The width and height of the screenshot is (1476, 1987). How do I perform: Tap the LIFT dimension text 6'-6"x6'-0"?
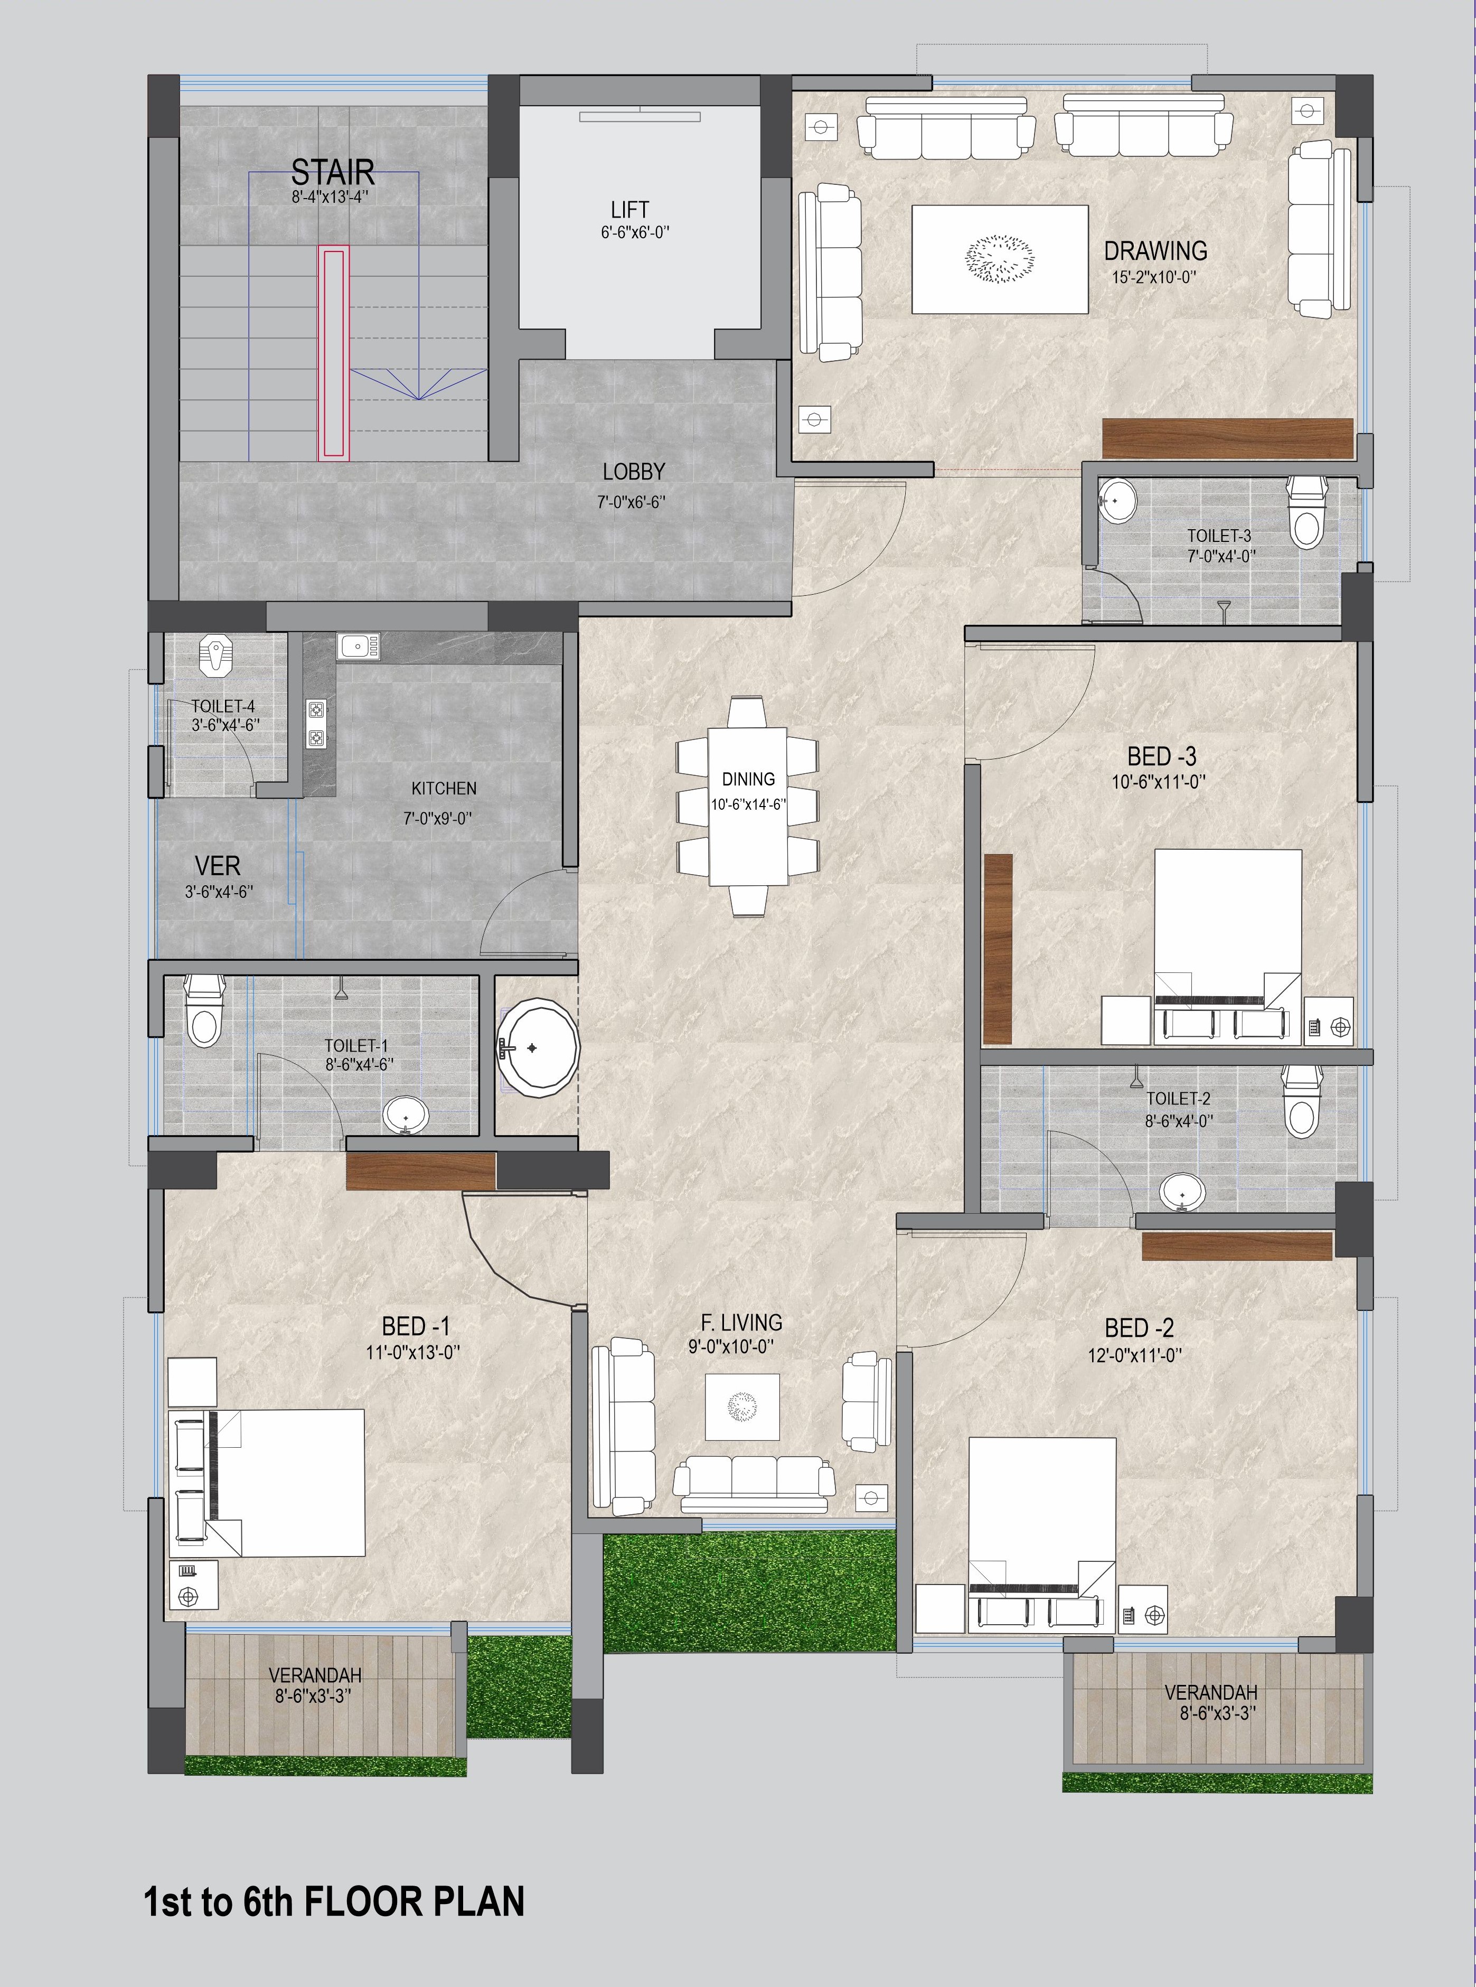click(634, 232)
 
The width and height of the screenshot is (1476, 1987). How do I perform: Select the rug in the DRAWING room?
click(999, 259)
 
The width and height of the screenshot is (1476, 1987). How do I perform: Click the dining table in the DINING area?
click(748, 807)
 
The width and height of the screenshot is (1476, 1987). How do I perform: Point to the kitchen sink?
click(358, 645)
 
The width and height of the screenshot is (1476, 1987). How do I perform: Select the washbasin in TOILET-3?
click(1117, 502)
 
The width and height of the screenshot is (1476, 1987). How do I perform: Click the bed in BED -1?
click(286, 1483)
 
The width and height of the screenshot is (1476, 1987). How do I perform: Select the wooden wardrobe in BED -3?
click(997, 949)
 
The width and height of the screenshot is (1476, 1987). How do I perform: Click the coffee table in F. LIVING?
click(741, 1406)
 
